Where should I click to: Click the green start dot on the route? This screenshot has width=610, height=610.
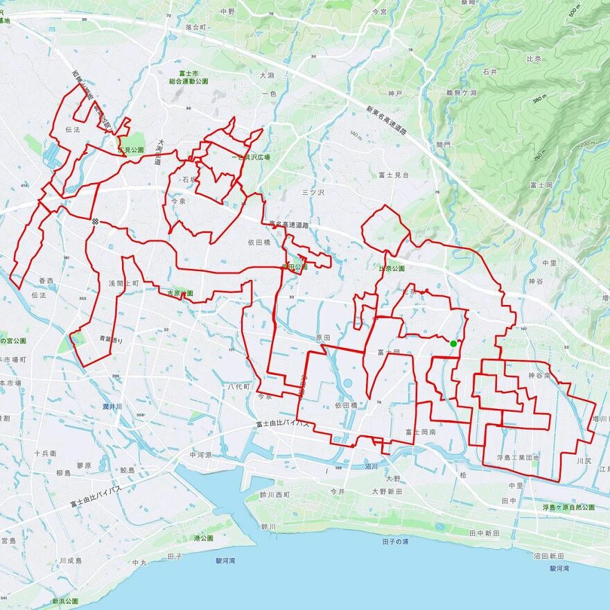(x=453, y=343)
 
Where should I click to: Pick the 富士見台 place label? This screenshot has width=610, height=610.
(x=394, y=175)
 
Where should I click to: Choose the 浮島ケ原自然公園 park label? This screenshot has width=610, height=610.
(x=568, y=507)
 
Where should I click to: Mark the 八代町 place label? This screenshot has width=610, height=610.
(x=238, y=386)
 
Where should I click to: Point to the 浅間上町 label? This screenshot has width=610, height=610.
(x=122, y=284)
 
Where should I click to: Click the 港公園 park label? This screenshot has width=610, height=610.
(x=203, y=537)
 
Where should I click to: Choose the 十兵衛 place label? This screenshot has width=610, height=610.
(x=46, y=452)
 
